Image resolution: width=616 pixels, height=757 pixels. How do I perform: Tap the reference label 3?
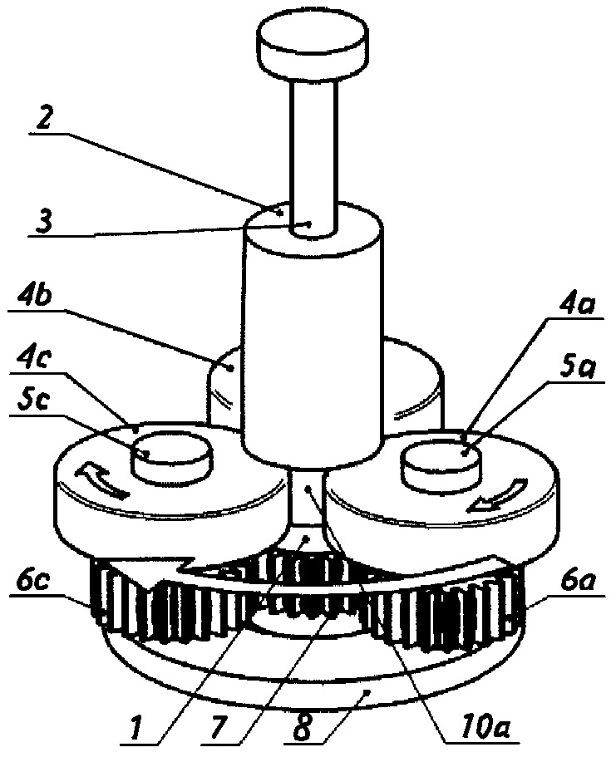pyautogui.click(x=43, y=223)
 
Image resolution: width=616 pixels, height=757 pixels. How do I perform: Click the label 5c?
pyautogui.click(x=33, y=401)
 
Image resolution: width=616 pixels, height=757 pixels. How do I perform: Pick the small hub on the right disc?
pyautogui.click(x=442, y=463)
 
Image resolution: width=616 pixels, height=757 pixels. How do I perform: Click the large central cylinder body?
pyautogui.click(x=312, y=336)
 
